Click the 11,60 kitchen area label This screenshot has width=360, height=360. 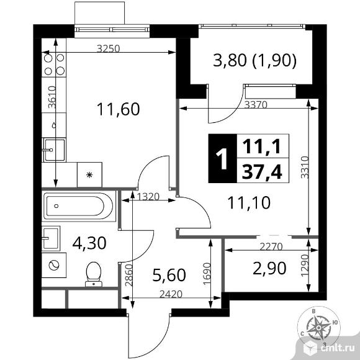[x=118, y=109]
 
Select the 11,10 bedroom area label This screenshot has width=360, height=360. [x=249, y=203]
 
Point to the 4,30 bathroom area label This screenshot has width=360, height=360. [x=89, y=243]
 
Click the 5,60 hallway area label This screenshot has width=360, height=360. [x=169, y=275]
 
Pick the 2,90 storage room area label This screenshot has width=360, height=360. [x=269, y=268]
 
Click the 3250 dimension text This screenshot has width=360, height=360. [x=109, y=48]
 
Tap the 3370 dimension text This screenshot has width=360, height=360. [x=256, y=105]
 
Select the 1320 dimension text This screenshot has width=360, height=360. [x=148, y=197]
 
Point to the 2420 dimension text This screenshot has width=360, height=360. [x=171, y=294]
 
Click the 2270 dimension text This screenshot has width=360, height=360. [x=271, y=246]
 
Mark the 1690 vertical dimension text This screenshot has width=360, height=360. [x=207, y=274]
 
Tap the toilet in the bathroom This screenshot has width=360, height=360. [x=94, y=274]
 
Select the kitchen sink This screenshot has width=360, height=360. [x=54, y=150]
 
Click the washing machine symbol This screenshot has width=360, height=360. [x=54, y=266]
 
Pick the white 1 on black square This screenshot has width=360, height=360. [x=222, y=158]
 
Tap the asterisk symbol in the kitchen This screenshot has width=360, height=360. [x=89, y=175]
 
